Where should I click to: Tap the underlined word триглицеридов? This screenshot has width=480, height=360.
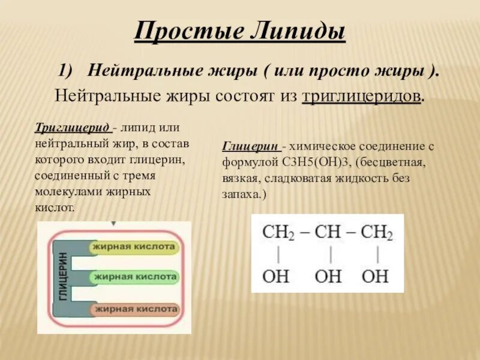click(360, 96)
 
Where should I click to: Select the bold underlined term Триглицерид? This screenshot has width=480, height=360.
click(73, 128)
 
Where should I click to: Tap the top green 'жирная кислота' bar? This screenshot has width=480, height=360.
click(134, 247)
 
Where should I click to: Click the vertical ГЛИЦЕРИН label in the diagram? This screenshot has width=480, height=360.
click(62, 278)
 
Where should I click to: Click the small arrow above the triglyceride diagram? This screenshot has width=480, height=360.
click(113, 224)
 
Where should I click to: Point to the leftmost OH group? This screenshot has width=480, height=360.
click(276, 277)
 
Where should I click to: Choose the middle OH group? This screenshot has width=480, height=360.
click(328, 277)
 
